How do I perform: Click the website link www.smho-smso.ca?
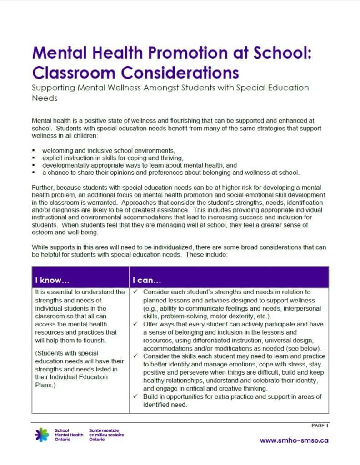(x=294, y=440)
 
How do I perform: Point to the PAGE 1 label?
(x=320, y=425)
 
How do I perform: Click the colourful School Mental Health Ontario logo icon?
(x=42, y=435)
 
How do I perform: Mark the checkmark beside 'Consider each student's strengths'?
(x=136, y=292)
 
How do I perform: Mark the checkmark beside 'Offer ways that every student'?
(x=136, y=324)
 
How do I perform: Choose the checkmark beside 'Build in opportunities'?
(x=136, y=396)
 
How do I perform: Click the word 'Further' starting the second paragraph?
(x=42, y=187)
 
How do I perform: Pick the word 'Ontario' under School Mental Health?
(x=62, y=440)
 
